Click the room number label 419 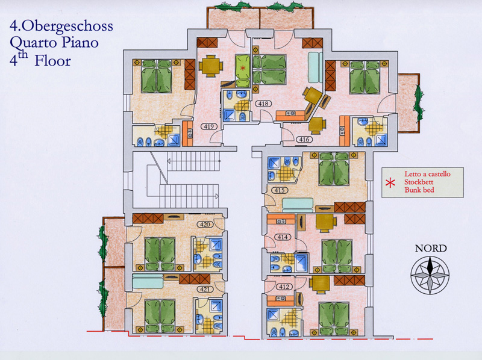click(x=208, y=126)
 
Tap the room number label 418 click(x=263, y=104)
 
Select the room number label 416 click(x=304, y=140)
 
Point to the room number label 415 click(x=280, y=190)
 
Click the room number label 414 click(x=283, y=237)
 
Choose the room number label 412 click(x=284, y=287)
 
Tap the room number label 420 click(x=205, y=225)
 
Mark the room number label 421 click(x=205, y=289)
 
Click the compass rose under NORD click(x=430, y=275)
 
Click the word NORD click(x=431, y=248)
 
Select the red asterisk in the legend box click(x=390, y=183)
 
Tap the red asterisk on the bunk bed click(x=243, y=68)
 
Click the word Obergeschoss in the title click(x=67, y=26)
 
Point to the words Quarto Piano click(x=54, y=43)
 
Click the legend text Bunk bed click(x=419, y=190)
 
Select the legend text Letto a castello click(x=427, y=174)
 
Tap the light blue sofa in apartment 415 click(x=298, y=205)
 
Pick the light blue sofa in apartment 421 click(x=148, y=281)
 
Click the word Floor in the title click(x=52, y=61)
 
